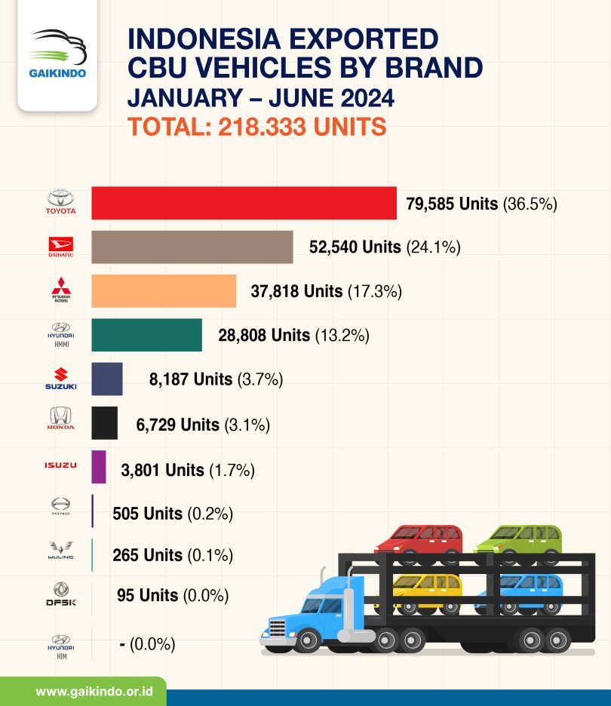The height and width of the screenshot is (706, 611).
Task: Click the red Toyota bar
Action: pyautogui.click(x=244, y=204)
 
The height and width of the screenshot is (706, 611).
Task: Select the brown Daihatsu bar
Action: pyautogui.click(x=192, y=247)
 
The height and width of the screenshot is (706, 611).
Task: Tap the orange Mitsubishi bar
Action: pyautogui.click(x=164, y=291)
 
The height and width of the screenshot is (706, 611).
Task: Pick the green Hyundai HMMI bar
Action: pyautogui.click(x=146, y=335)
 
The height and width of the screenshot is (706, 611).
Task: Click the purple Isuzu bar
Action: pyautogui.click(x=99, y=467)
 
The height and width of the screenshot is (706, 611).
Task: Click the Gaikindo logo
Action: pyautogui.click(x=57, y=55)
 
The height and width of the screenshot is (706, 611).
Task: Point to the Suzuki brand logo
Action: pyautogui.click(x=60, y=379)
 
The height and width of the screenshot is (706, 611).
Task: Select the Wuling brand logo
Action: pyautogui.click(x=60, y=553)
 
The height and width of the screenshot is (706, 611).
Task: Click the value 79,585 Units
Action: pyautogui.click(x=452, y=204)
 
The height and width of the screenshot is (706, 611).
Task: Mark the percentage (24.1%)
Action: pyautogui.click(x=433, y=247)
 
